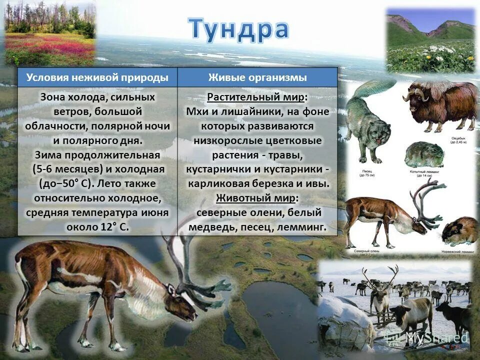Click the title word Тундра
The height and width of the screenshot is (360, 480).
pos(238,28)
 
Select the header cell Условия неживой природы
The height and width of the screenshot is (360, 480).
pos(97,77)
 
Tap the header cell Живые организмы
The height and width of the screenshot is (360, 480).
pos(257,77)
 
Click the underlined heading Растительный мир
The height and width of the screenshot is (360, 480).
pos(256,97)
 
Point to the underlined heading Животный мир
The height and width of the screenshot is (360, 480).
pos(256,198)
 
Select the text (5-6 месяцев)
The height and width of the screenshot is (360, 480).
pos(65,169)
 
